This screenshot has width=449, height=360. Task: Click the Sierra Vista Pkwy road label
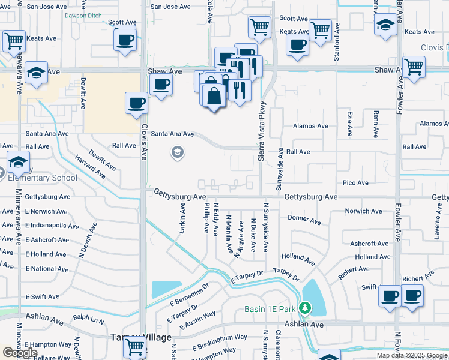pos(262,127)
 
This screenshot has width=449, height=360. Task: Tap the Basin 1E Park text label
pos(270,309)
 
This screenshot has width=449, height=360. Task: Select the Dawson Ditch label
pos(83,15)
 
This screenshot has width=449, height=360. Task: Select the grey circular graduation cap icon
pos(177,153)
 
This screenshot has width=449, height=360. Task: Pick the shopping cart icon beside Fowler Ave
pos(413,67)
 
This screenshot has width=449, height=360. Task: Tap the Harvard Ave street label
pos(91,167)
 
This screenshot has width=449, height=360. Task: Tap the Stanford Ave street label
pos(337,37)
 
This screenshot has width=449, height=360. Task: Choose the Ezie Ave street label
pos(349,122)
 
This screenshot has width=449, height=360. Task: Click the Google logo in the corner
pos(20,353)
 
